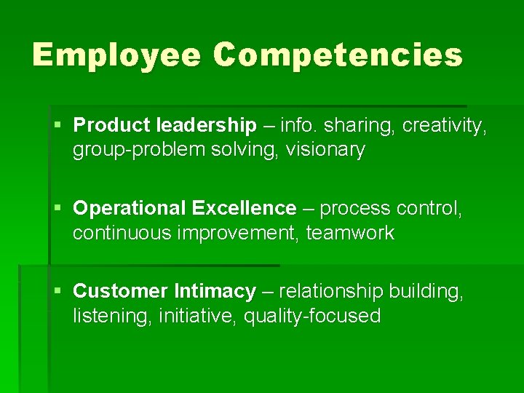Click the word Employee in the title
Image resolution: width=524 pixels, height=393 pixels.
[x=116, y=55]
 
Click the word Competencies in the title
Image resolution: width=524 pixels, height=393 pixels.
[x=338, y=55]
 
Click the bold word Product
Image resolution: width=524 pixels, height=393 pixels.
[x=112, y=126]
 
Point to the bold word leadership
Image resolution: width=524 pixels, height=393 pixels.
[x=206, y=126]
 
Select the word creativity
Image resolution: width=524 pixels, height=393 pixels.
[x=444, y=126]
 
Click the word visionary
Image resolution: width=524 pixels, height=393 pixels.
[x=325, y=151]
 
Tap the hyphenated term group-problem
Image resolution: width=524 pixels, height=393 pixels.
[x=138, y=151]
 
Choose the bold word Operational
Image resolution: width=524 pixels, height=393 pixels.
[x=130, y=209]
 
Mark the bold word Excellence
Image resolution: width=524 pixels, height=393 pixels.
[x=244, y=209]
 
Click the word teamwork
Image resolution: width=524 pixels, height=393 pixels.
[x=350, y=234]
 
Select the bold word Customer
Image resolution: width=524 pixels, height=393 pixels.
[x=121, y=292]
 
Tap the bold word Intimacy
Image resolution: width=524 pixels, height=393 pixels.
[x=215, y=292]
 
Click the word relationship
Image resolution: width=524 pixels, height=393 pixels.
[x=331, y=292]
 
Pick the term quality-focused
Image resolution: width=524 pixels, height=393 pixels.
[x=312, y=317]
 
